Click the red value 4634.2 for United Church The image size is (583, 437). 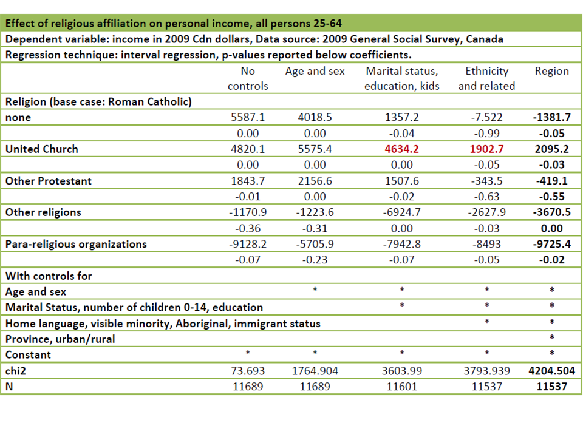[x=401, y=149]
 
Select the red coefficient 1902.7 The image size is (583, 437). [x=487, y=149]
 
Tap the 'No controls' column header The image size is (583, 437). [x=248, y=78]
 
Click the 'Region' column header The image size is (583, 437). [x=551, y=71]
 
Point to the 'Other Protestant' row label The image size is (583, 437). [x=49, y=181]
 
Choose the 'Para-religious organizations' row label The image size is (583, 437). [x=76, y=244]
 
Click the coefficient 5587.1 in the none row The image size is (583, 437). [x=248, y=117]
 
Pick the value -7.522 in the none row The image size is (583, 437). [x=487, y=117]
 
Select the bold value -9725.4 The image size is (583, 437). [x=551, y=244]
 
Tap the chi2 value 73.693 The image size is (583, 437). [x=248, y=370]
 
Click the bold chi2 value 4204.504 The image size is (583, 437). [x=551, y=370]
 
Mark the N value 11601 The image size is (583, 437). [x=401, y=386]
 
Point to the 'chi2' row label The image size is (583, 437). [x=16, y=370]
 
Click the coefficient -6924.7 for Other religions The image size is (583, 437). [x=401, y=212]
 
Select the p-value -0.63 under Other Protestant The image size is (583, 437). [x=487, y=197]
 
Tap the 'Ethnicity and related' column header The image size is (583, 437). [x=487, y=78]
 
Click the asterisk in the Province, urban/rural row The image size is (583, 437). [x=551, y=339]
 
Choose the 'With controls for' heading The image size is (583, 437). [x=49, y=276]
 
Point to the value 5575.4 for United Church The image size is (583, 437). [x=315, y=149]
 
